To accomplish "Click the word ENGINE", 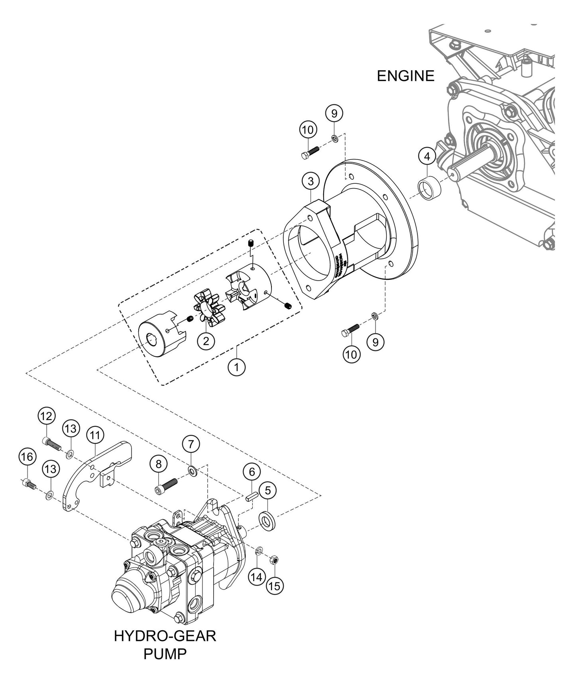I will click(x=405, y=75).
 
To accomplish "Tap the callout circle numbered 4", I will click(x=427, y=157).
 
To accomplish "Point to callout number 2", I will click(x=206, y=341).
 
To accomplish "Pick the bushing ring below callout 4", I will click(x=429, y=187).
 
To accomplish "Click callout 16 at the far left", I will click(x=27, y=457).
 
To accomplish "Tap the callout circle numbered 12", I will click(x=46, y=417).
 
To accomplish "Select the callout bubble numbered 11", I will click(x=94, y=435).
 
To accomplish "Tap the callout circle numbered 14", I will click(x=258, y=576).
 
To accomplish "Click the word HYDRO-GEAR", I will click(x=165, y=636).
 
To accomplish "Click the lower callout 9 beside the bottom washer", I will click(x=375, y=342).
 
